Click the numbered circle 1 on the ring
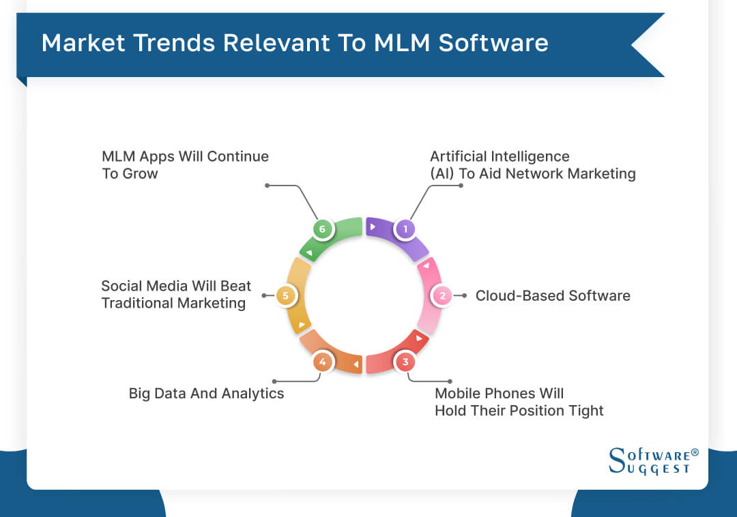(x=405, y=229)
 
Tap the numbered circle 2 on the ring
(x=442, y=295)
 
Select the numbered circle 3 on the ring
(x=405, y=361)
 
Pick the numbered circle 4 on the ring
(x=322, y=361)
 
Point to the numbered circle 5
(x=286, y=295)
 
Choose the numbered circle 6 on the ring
(x=322, y=229)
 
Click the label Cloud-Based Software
(x=553, y=295)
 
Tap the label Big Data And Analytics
(x=206, y=394)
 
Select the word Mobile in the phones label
(x=458, y=394)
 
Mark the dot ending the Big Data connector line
(x=274, y=381)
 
